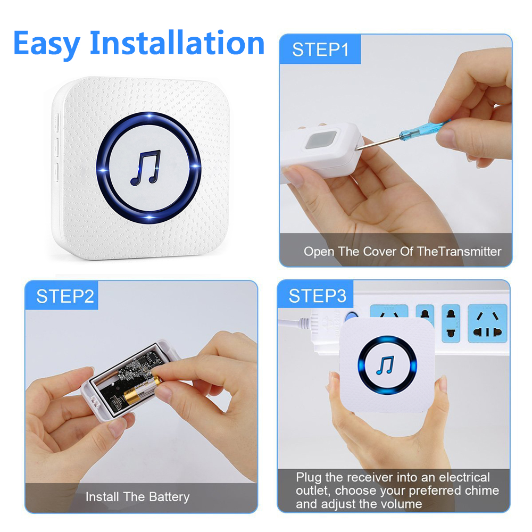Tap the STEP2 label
65,296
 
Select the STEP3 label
317,296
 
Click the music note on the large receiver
145,167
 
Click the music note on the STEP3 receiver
385,365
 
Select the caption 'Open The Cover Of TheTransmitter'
402,251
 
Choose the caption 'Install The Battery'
137,497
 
